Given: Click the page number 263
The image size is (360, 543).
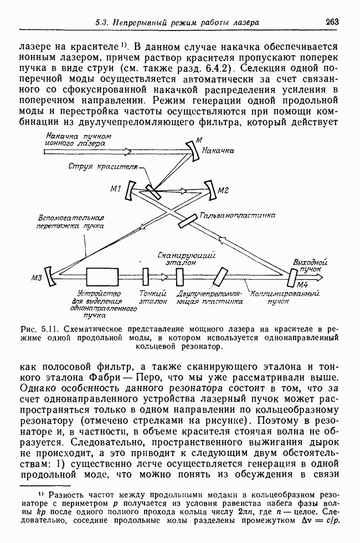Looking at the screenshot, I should (332, 22).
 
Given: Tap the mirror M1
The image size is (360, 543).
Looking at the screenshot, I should (129, 192).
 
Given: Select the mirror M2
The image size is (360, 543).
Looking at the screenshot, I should (212, 190).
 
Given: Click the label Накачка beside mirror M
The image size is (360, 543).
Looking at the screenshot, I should (218, 151).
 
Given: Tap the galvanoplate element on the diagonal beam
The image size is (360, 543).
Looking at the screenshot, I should (188, 219).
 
